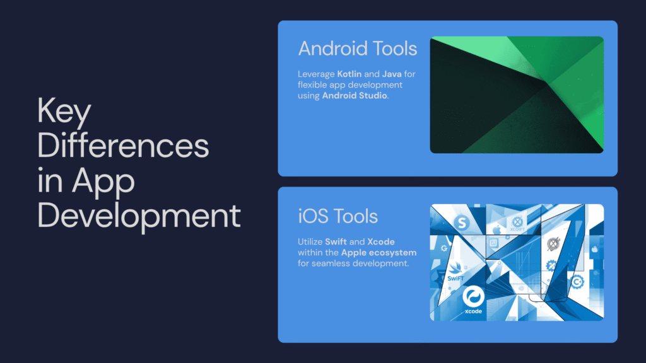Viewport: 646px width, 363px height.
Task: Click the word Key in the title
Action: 64,111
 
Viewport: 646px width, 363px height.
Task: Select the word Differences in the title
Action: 123,146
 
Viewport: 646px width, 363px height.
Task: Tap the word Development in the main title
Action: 139,216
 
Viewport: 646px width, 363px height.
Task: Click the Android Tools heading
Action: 358,49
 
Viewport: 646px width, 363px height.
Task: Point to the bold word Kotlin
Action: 349,74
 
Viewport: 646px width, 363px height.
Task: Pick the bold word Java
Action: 392,74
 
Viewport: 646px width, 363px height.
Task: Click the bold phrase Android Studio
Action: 355,96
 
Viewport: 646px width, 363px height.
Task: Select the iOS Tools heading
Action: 338,216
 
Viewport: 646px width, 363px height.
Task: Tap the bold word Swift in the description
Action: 336,241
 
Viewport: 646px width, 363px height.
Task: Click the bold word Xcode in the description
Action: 380,241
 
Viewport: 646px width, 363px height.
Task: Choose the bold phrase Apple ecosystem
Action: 379,253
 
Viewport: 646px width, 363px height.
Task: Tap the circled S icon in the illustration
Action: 462,222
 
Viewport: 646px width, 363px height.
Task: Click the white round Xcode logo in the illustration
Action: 473,296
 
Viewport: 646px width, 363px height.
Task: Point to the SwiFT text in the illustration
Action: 455,278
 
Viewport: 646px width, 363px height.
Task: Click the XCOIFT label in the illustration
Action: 517,229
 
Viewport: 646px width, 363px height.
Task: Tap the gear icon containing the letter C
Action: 577,282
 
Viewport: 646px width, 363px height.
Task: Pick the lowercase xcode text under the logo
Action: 473,311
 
